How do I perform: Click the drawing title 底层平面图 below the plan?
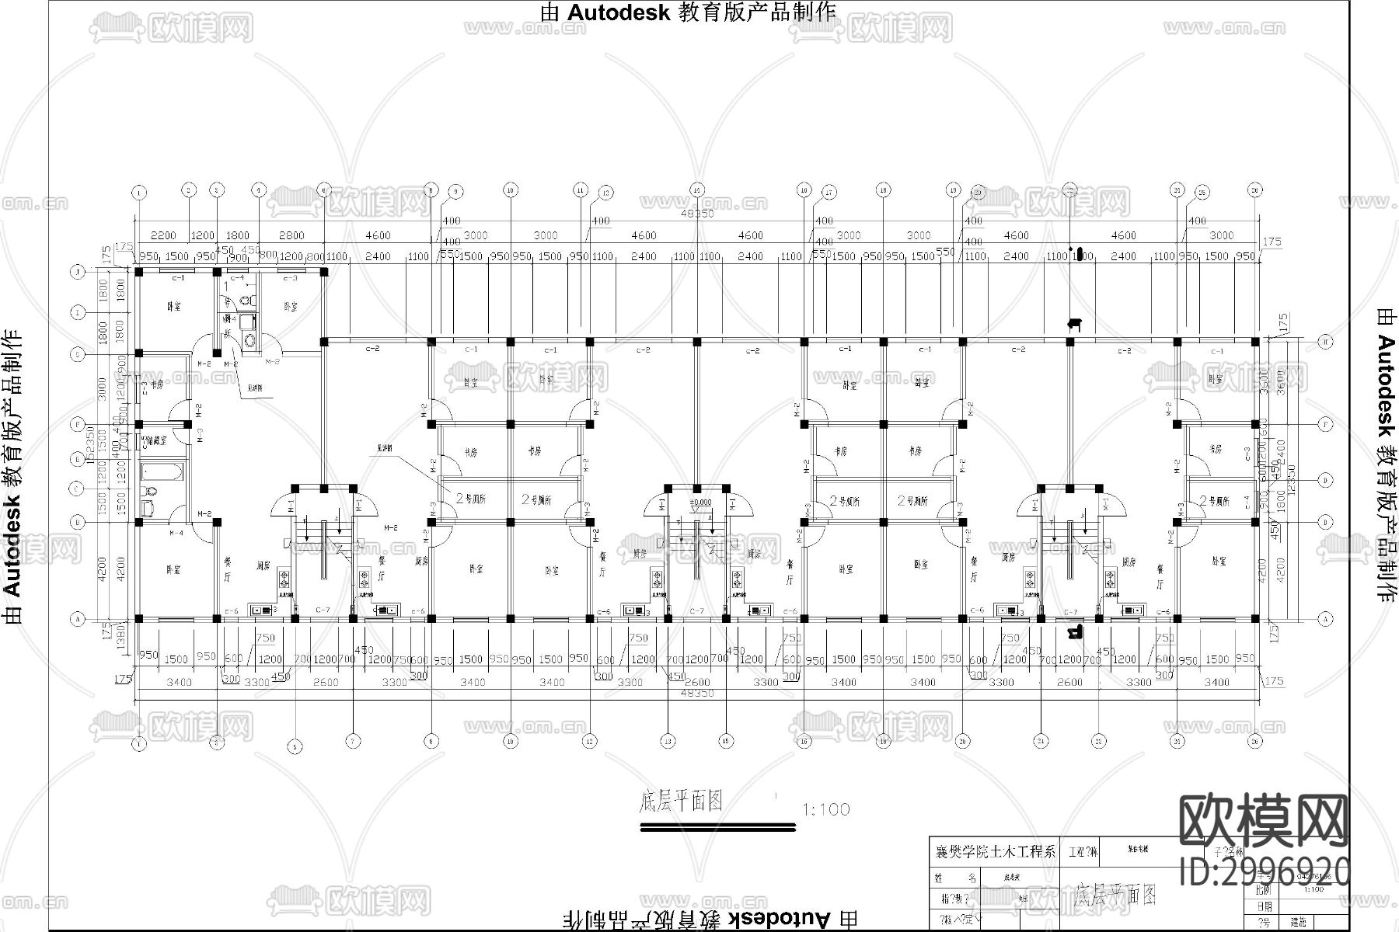click(681, 802)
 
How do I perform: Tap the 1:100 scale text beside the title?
click(825, 809)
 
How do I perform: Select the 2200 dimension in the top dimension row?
click(163, 235)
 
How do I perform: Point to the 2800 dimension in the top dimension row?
click(291, 235)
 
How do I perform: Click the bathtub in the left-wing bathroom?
click(162, 471)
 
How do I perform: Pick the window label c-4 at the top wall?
click(238, 277)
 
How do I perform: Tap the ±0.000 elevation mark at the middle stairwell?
click(700, 503)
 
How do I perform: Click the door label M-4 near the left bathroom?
click(176, 533)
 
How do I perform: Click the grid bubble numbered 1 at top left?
click(139, 191)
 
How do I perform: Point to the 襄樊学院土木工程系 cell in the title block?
click(995, 852)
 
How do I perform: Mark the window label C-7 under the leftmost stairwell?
click(323, 611)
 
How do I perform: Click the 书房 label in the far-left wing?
click(157, 384)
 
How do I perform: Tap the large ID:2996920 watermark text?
click(1265, 871)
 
